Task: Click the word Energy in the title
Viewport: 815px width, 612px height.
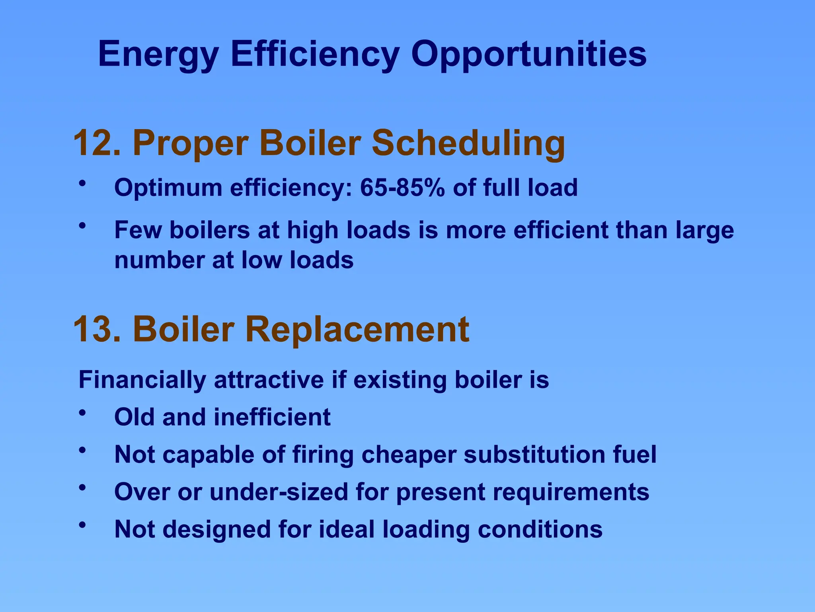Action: [x=158, y=54]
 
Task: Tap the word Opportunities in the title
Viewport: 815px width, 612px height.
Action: [x=528, y=54]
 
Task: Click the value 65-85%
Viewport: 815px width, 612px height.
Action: [x=402, y=187]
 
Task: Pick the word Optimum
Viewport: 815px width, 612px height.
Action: [x=168, y=187]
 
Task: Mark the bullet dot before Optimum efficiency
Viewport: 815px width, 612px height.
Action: [x=82, y=184]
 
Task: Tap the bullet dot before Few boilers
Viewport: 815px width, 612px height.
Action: [x=82, y=226]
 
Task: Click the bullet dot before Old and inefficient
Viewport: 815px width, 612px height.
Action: [x=82, y=413]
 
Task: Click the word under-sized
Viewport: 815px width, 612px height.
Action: [x=279, y=492]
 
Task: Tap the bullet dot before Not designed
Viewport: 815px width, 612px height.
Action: [x=82, y=525]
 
